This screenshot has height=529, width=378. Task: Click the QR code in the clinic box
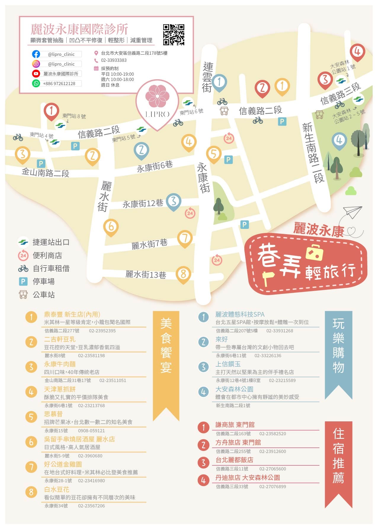[x=174, y=35]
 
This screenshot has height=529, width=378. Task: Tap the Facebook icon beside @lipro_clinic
[x=36, y=54]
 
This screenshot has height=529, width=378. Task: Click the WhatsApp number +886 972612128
[x=59, y=83]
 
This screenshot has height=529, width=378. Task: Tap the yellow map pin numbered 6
[x=111, y=227]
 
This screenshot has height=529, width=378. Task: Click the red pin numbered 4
[x=357, y=52]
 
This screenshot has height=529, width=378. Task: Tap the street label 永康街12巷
[x=143, y=204]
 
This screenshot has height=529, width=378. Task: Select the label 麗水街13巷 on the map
[x=145, y=274]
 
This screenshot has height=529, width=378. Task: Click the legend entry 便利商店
[x=47, y=255]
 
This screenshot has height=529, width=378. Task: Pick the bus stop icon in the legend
[x=23, y=295]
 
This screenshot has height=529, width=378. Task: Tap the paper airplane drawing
[x=353, y=212]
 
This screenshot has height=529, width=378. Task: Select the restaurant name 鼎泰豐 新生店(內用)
[x=72, y=314]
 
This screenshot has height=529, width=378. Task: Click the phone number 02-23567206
[x=91, y=506]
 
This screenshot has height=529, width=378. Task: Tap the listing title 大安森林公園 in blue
[x=234, y=389]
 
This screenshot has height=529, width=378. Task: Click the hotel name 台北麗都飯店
[x=234, y=460]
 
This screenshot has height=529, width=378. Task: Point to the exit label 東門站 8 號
[x=74, y=116]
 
